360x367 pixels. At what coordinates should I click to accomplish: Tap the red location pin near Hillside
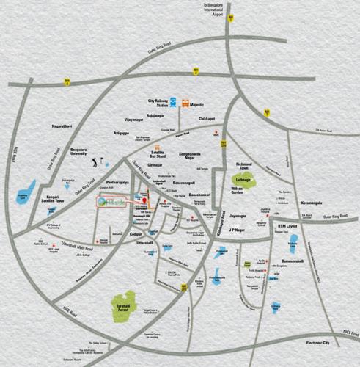tap(145, 200)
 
